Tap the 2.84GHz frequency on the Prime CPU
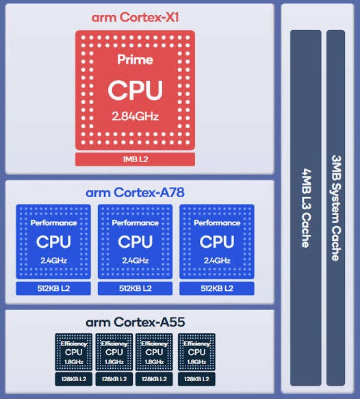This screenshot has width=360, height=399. click(x=135, y=116)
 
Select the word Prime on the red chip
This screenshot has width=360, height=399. click(x=135, y=60)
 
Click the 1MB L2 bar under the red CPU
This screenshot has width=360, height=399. click(x=135, y=159)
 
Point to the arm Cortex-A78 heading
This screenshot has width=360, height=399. click(x=135, y=192)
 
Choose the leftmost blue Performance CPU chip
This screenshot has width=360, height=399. click(x=53, y=242)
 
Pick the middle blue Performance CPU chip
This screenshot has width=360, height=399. click(x=135, y=242)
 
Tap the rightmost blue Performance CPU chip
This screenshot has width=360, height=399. click(x=217, y=242)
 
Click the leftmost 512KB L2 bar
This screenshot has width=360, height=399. click(x=53, y=288)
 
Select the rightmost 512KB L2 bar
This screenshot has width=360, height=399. click(x=217, y=288)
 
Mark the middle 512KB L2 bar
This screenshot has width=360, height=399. click(x=135, y=288)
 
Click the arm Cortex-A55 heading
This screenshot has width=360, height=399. click(x=135, y=322)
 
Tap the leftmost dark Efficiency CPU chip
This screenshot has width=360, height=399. click(x=73, y=352)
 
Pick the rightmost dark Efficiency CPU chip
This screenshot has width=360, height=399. click(x=196, y=352)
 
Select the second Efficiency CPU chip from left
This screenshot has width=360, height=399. click(x=114, y=352)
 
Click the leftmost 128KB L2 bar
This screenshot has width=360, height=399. click(x=73, y=378)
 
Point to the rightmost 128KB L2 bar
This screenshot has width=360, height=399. click(x=196, y=378)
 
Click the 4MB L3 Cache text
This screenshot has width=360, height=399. click(x=305, y=205)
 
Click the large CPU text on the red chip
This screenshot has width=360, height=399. click(x=135, y=90)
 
